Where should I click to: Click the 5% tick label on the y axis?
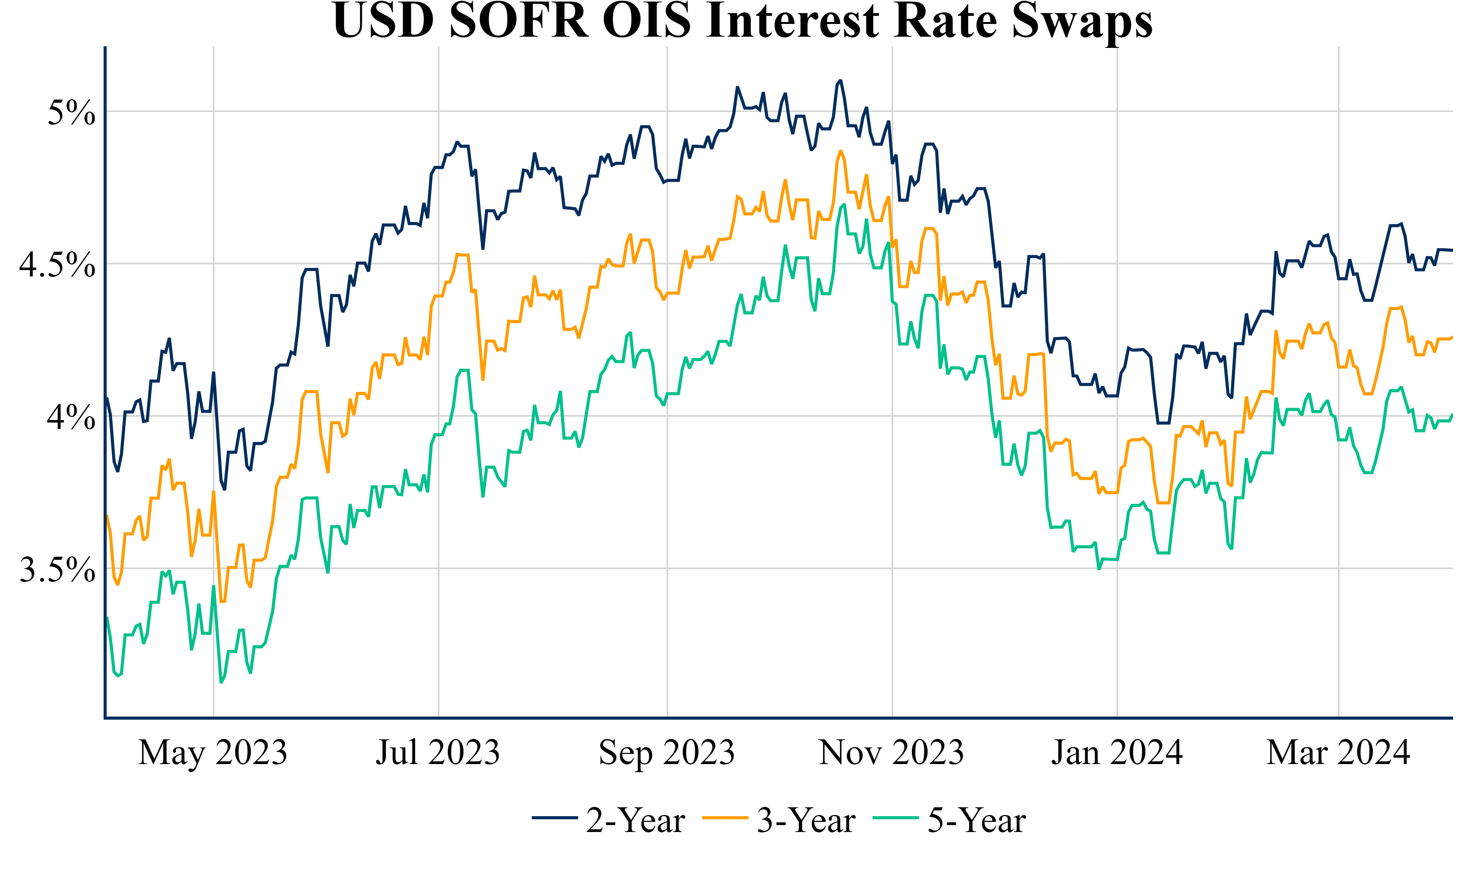click(71, 112)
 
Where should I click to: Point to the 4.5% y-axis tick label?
click(57, 265)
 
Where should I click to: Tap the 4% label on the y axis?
click(71, 417)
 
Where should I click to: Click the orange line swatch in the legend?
click(725, 818)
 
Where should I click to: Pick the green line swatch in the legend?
click(896, 818)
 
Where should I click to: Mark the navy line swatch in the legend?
click(554, 818)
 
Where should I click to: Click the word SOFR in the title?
click(519, 20)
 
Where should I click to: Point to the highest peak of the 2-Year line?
click(840, 81)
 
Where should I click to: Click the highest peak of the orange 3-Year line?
click(840, 151)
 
